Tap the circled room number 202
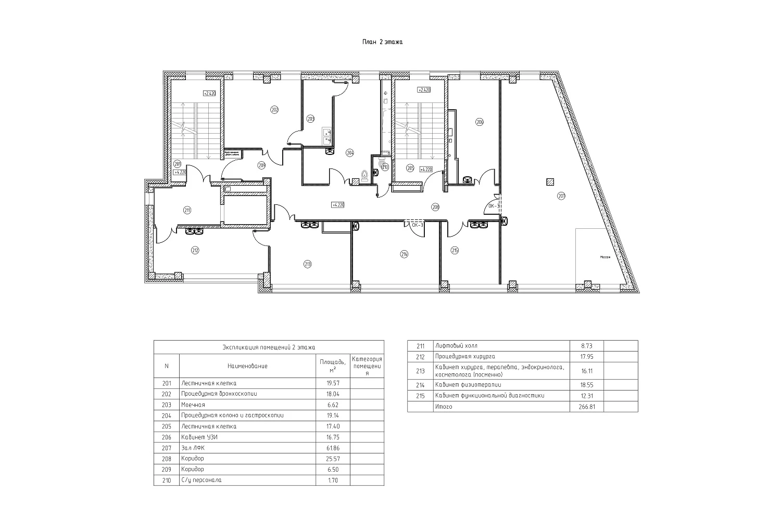click(x=274, y=109)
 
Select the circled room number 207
click(x=561, y=196)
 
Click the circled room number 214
click(x=404, y=254)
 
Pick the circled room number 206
click(x=480, y=122)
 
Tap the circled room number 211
click(x=187, y=210)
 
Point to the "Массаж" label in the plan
click(x=604, y=257)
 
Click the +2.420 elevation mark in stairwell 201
click(x=209, y=94)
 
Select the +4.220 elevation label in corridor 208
click(x=337, y=205)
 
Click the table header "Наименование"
click(x=247, y=366)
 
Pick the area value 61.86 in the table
click(x=333, y=448)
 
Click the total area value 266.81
click(x=586, y=407)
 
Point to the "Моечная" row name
click(x=193, y=405)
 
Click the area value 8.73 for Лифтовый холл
click(x=586, y=346)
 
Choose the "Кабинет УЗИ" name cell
click(x=199, y=437)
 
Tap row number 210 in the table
click(x=167, y=480)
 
